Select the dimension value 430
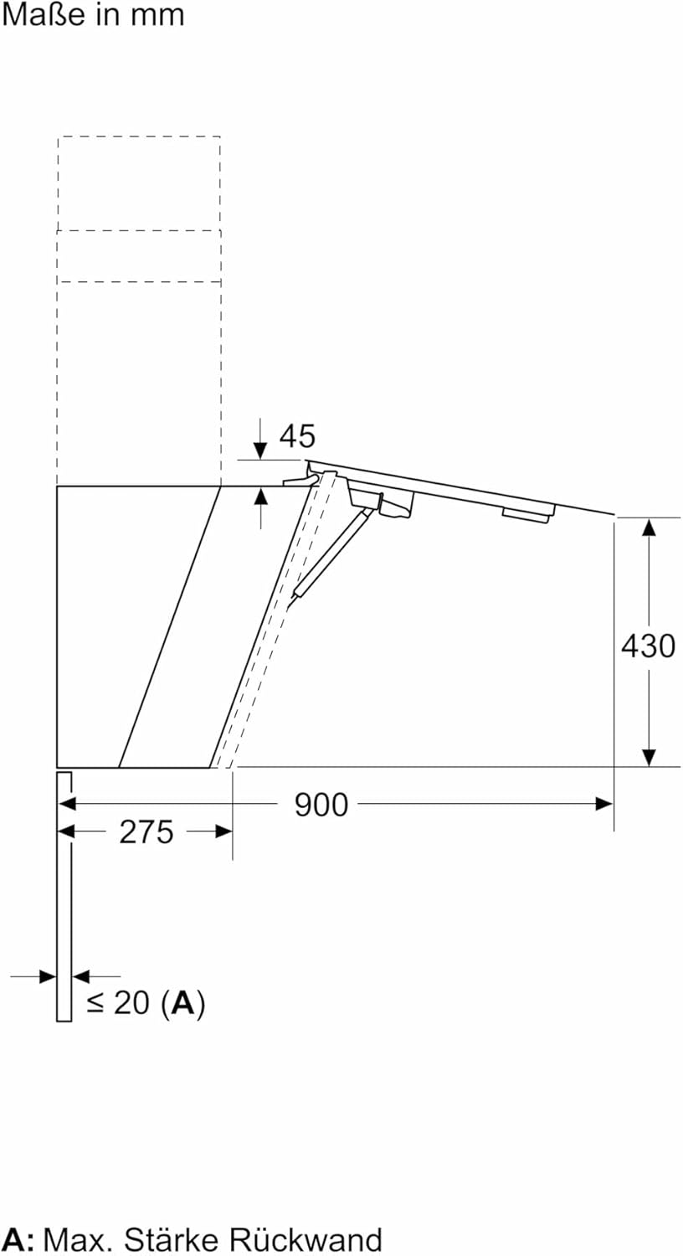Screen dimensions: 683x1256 tap(648, 646)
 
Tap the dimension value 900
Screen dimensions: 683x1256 tap(321, 806)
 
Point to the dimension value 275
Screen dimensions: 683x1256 tap(146, 832)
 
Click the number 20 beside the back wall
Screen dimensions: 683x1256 tap(132, 1002)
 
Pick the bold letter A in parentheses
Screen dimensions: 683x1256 tap(182, 1002)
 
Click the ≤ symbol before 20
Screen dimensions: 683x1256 tap(95, 1004)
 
